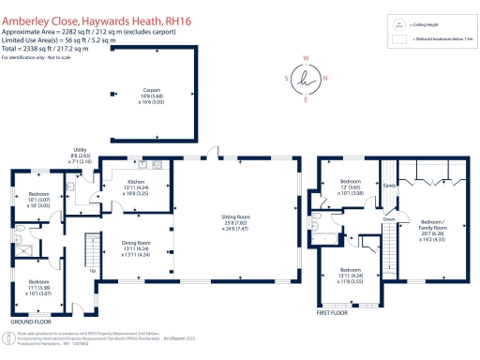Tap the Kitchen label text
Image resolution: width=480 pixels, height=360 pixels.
pos(135,180)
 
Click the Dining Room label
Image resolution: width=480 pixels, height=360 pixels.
pos(138,241)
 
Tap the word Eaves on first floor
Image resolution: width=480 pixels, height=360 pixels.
pos(389,186)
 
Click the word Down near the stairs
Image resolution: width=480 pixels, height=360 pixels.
pos(389,219)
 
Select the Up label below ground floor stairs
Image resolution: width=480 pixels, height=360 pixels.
pos(93,270)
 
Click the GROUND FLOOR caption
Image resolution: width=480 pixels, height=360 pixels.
pos(31,319)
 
